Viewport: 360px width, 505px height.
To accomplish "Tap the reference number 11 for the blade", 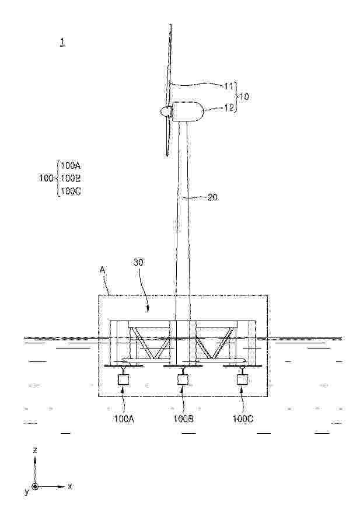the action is [x=229, y=86].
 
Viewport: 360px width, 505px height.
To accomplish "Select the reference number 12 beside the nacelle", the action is [x=229, y=108].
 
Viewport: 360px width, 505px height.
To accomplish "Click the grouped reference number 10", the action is [x=244, y=96].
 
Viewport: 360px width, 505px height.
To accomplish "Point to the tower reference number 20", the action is [x=212, y=197].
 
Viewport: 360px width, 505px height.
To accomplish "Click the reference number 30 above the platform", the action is [x=139, y=263].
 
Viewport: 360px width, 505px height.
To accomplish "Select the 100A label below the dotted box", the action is [x=123, y=419].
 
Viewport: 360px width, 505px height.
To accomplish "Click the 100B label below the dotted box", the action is [x=183, y=419].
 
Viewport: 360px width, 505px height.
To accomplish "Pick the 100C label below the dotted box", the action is [x=243, y=419].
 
